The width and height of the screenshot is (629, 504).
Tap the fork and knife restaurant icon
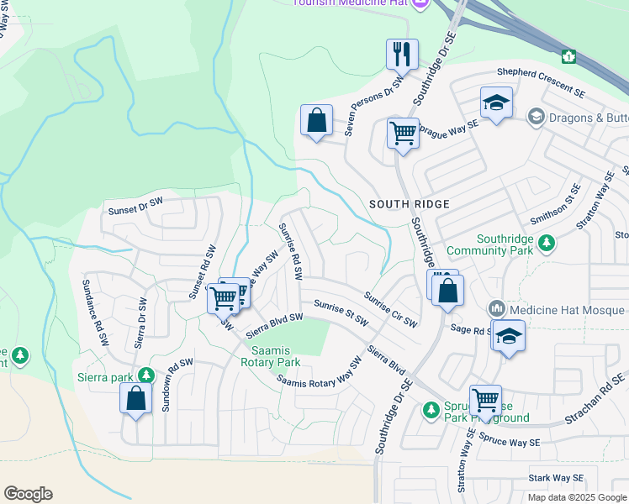tap(402, 55)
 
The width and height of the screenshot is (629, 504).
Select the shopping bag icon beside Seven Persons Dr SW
tap(316, 120)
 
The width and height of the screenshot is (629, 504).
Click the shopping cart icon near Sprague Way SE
tap(403, 133)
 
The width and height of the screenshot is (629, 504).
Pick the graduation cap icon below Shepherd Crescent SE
tap(496, 103)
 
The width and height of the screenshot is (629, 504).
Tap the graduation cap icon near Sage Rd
tap(508, 337)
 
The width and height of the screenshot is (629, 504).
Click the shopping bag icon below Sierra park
tap(136, 399)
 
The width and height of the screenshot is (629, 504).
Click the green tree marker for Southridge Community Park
tap(547, 243)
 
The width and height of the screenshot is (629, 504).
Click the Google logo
tap(28, 493)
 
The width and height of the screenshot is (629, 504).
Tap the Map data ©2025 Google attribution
tap(577, 497)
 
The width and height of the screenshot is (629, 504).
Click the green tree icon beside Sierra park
tap(147, 375)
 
